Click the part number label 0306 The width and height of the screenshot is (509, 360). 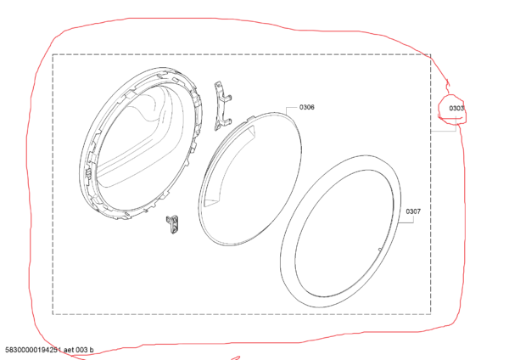[x=307, y=107]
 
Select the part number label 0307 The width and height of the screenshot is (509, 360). [x=413, y=211]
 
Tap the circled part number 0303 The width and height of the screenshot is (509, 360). [x=456, y=108]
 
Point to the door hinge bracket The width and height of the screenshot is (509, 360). [x=222, y=106]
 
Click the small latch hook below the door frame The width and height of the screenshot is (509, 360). [x=173, y=224]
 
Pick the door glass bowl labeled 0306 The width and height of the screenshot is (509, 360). [x=249, y=178]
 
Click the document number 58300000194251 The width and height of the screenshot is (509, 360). [x=33, y=350]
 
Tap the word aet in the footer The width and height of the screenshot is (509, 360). [x=70, y=350]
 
